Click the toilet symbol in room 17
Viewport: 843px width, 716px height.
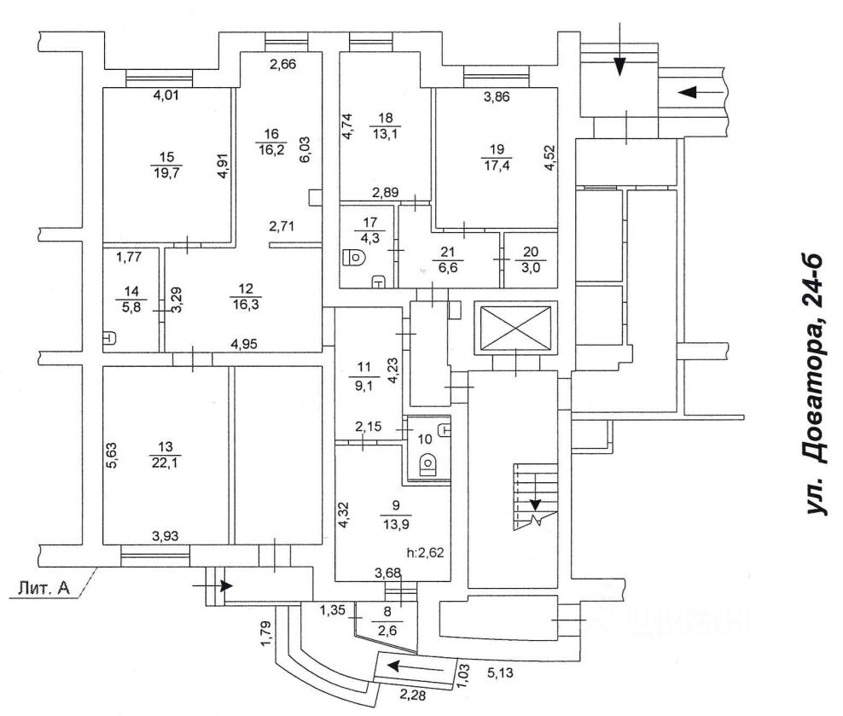point(354,258)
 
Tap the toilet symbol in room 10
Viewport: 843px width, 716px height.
point(428,464)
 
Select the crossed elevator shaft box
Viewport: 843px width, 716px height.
point(515,328)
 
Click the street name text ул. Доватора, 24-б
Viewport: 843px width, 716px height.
point(817,384)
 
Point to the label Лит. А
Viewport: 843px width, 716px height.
point(44,587)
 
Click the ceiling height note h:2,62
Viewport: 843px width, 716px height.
point(426,552)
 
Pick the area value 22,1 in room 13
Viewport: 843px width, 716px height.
point(165,463)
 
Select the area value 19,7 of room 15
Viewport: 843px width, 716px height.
point(166,172)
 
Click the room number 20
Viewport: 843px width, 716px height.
point(531,251)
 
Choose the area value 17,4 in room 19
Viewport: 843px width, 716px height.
point(497,165)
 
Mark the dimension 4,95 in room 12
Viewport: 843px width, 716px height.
point(243,343)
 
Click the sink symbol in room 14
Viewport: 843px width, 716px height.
point(109,338)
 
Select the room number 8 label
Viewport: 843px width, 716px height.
point(387,611)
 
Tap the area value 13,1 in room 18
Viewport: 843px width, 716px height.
point(385,133)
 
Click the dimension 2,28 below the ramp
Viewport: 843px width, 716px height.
point(412,696)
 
